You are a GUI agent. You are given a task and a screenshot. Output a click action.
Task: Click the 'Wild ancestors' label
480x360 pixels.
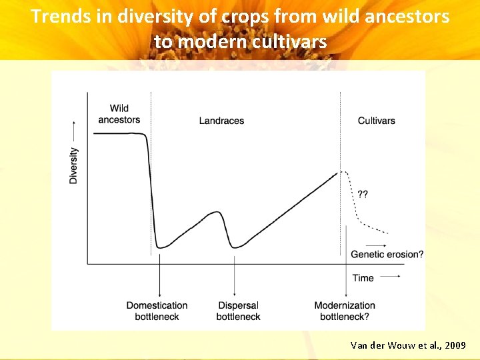[119, 114]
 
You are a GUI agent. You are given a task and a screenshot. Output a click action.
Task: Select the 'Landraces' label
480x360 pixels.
[221, 121]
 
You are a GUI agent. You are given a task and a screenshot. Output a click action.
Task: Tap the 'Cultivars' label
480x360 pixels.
[376, 121]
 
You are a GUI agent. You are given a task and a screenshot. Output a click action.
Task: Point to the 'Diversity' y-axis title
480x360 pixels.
[73, 165]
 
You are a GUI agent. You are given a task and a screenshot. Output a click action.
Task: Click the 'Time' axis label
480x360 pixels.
[363, 277]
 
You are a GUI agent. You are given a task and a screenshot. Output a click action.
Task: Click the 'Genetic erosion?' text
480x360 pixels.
[387, 254]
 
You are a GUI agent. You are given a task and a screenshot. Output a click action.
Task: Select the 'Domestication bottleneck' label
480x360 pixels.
[157, 311]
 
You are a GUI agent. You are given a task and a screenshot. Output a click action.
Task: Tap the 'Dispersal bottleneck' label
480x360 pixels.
[238, 311]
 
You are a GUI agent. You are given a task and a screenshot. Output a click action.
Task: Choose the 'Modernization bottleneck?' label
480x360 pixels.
[345, 311]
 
